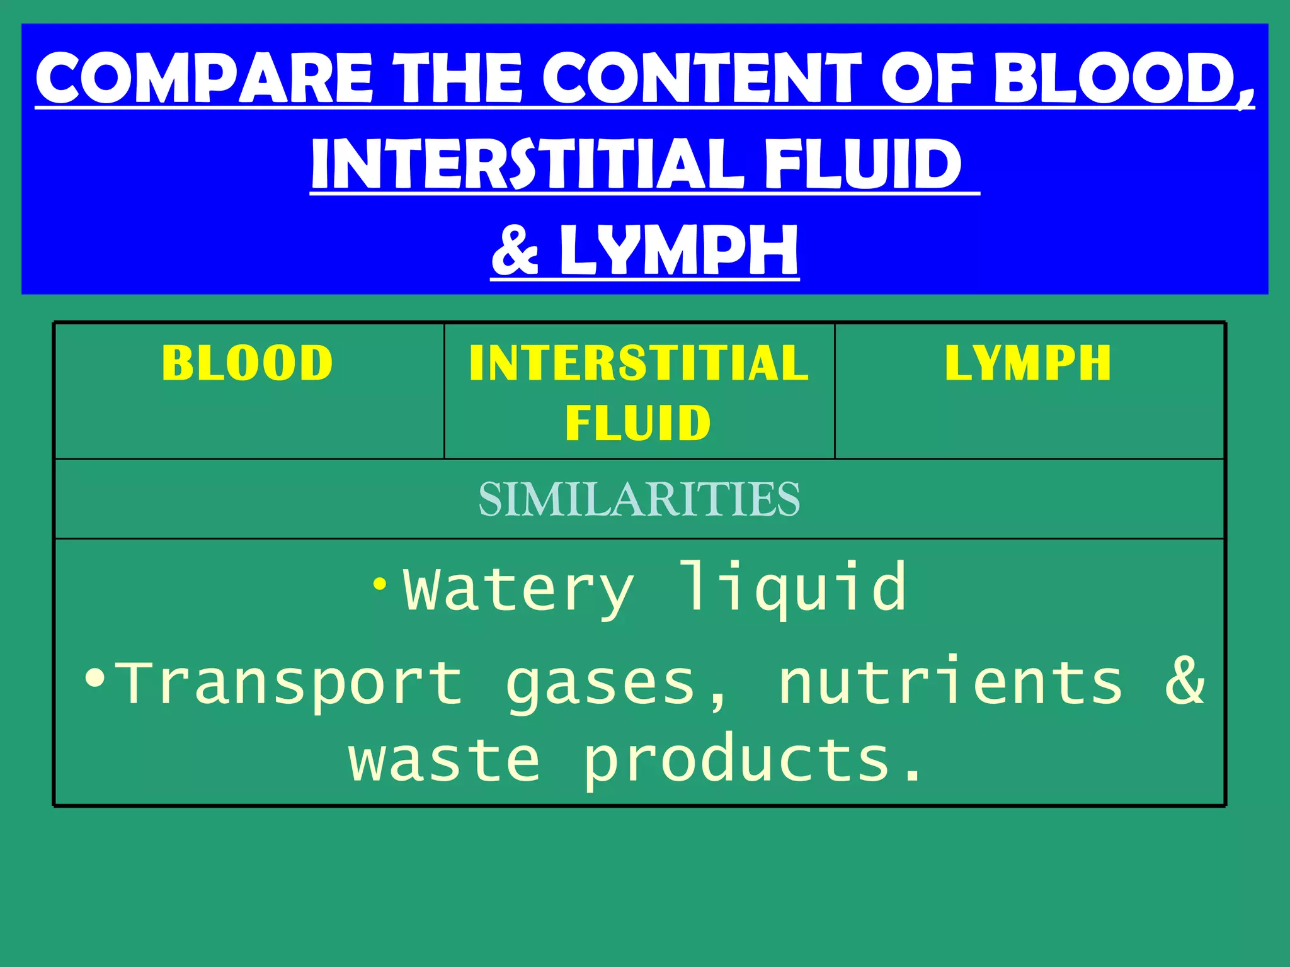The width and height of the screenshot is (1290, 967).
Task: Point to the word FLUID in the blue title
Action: click(x=863, y=164)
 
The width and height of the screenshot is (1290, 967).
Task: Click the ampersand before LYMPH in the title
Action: click(x=515, y=251)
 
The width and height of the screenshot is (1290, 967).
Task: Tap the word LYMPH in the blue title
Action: click(x=679, y=251)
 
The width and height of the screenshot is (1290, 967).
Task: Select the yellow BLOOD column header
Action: click(x=247, y=363)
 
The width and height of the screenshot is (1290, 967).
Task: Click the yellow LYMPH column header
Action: click(x=1028, y=363)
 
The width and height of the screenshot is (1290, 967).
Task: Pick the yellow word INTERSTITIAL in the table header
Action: click(x=639, y=363)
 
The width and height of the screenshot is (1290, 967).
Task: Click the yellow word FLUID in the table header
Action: click(x=638, y=423)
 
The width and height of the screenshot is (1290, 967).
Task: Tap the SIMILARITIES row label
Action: click(x=639, y=499)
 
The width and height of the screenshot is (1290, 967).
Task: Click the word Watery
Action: click(x=518, y=589)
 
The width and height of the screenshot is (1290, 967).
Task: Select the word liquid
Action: click(x=794, y=587)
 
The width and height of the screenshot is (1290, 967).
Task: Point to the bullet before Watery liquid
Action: click(x=379, y=584)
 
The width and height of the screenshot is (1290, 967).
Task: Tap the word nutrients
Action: click(x=950, y=681)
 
